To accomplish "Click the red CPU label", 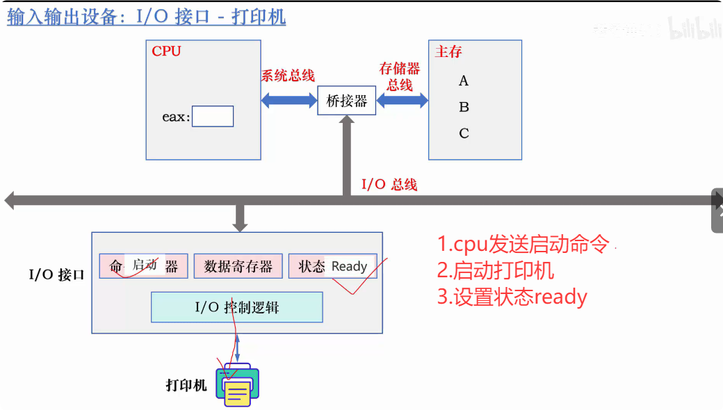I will tap(166, 51).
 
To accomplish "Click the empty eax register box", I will tap(213, 117).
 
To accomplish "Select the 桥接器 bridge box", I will tap(346, 101).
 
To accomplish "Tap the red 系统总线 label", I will tap(288, 76).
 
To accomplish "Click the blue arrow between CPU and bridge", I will tap(289, 100).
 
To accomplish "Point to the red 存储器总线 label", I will tap(400, 76).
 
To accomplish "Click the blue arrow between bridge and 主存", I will tap(403, 101).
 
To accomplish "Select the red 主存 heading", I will tap(448, 52).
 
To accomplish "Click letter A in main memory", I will tap(464, 81).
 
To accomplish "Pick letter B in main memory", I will tap(464, 107).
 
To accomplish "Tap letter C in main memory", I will tap(464, 133).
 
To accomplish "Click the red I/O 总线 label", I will tap(389, 184).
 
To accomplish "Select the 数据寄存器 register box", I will tap(238, 266).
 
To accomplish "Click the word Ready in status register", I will tap(349, 266).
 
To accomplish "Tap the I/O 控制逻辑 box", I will tap(237, 307).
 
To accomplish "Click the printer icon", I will tap(237, 384).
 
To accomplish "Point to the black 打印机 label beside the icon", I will tap(186, 385).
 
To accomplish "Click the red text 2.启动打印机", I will tap(496, 270).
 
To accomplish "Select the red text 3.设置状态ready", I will tap(512, 297).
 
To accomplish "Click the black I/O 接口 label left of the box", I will tap(56, 274).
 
